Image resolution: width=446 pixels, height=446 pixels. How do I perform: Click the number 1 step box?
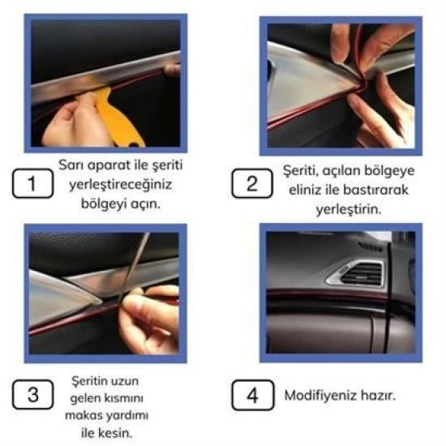(32, 184)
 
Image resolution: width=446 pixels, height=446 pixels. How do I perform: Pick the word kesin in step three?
(114, 434)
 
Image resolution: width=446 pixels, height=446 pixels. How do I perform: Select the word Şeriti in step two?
(299, 173)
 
